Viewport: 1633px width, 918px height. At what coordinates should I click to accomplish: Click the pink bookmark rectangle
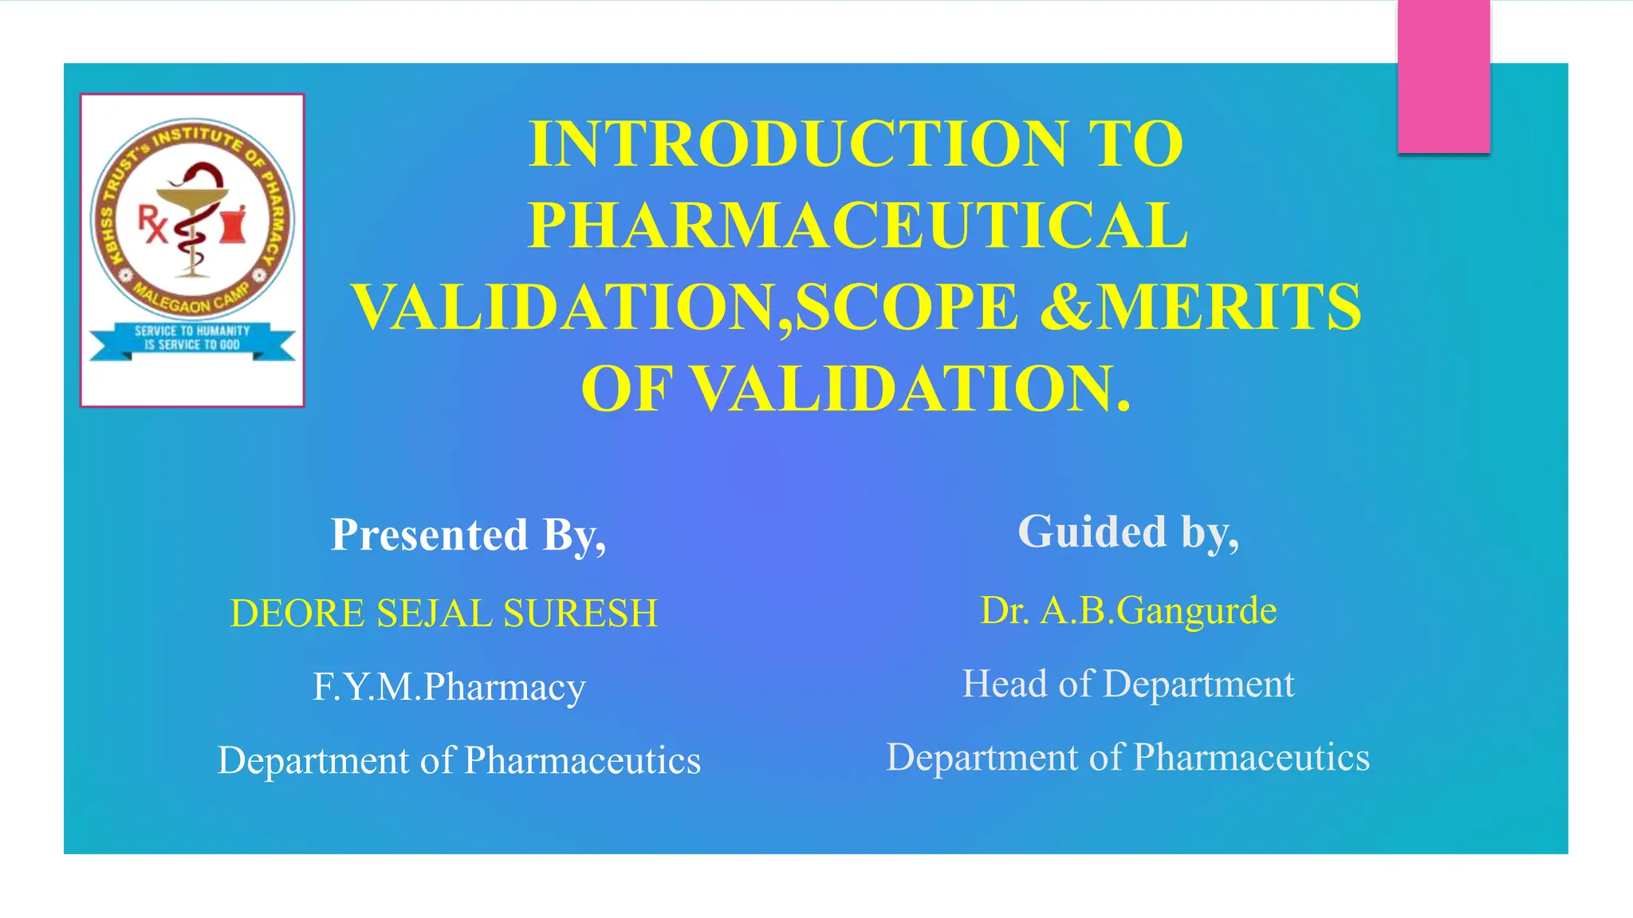point(1443,76)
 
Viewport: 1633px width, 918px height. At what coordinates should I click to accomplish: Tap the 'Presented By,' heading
point(469,535)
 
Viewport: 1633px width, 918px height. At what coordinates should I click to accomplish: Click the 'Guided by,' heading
point(1128,532)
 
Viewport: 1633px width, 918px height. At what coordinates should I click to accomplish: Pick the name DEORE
point(297,614)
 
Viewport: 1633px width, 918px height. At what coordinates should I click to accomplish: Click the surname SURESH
point(580,614)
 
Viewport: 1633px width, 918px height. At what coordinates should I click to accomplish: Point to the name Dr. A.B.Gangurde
point(1128,611)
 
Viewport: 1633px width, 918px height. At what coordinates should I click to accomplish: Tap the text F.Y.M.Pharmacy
point(449,687)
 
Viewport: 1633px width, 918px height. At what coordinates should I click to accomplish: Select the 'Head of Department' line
point(1128,684)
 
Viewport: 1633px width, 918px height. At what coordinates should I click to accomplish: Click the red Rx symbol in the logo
point(151,223)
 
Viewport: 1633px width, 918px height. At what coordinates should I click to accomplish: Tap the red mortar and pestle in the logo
point(234,224)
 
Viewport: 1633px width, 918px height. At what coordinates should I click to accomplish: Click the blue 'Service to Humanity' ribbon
point(192,339)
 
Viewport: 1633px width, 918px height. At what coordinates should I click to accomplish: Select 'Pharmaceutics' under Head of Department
point(1251,758)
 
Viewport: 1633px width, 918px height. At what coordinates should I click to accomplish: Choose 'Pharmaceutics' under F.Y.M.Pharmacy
point(582,761)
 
